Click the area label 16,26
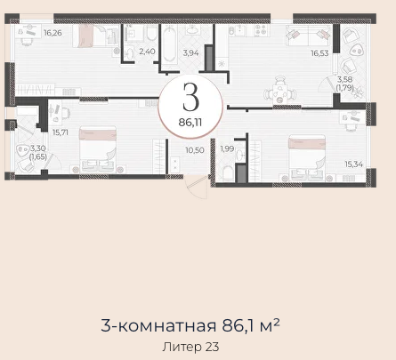(53, 33)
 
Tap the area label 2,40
(147, 52)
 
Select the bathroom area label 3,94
(190, 53)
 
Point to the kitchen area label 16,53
(319, 53)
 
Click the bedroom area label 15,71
(61, 132)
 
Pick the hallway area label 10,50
(195, 150)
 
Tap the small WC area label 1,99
(227, 148)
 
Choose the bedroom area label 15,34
(353, 164)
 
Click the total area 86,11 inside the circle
(190, 122)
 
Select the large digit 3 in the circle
(190, 97)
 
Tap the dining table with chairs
(280, 92)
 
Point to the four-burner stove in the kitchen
(262, 30)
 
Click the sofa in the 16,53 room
(308, 36)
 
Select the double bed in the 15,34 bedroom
(307, 157)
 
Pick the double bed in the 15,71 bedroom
(98, 149)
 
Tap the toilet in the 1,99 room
(228, 172)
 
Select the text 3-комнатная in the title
(158, 326)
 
